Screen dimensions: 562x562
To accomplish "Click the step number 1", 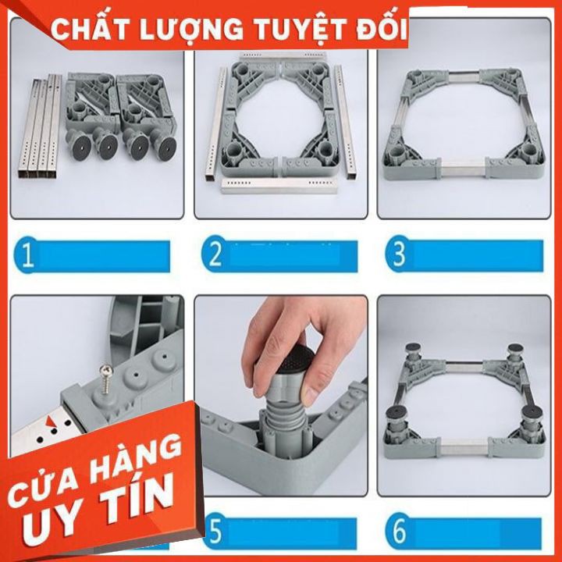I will coord(27,257).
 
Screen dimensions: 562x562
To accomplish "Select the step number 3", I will coord(398,255).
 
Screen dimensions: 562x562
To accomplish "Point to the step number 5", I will coord(215,534).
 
